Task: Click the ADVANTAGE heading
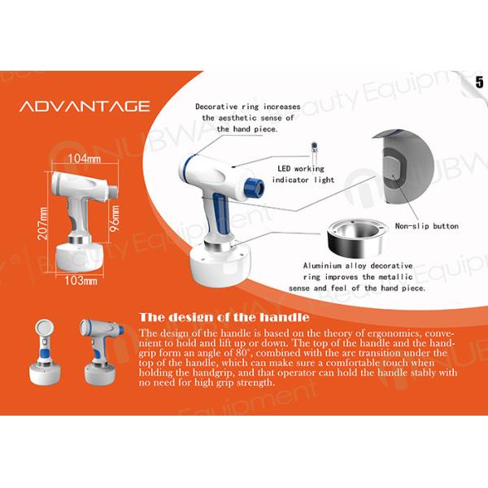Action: click(85, 106)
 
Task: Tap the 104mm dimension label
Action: click(85, 159)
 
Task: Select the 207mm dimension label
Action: click(42, 224)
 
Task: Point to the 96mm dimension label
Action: click(115, 218)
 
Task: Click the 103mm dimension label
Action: click(81, 281)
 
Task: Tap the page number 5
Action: click(479, 82)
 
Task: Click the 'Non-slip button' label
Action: click(427, 226)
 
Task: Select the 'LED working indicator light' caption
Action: click(303, 174)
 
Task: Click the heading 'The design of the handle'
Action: click(224, 317)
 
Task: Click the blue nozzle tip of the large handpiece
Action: click(255, 188)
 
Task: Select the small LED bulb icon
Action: click(314, 149)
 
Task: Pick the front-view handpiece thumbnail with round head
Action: click(45, 352)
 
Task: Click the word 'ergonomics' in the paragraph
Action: click(394, 333)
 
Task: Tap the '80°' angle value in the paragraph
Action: click(242, 353)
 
